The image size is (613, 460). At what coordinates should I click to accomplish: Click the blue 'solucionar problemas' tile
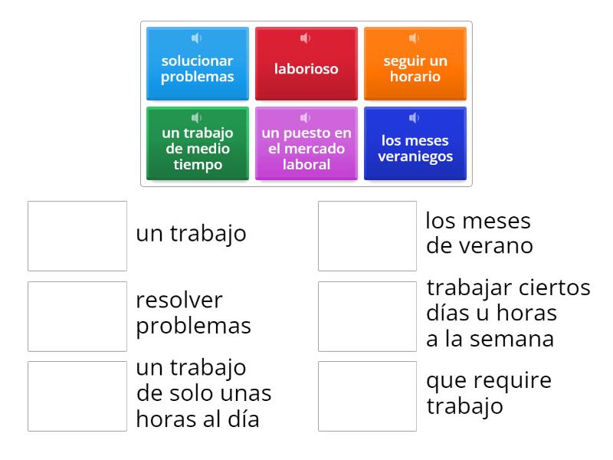198,69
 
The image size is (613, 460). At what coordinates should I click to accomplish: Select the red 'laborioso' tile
306,69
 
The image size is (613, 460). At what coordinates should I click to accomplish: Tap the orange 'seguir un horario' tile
415,69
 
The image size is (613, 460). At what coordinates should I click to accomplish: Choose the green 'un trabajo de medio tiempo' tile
198,149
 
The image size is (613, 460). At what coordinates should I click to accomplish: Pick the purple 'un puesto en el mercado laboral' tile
306,149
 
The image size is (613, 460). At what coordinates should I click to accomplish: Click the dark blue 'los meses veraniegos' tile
415,149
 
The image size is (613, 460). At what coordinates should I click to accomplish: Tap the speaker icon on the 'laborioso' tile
305,38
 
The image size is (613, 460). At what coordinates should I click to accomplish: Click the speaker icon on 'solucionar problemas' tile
196,38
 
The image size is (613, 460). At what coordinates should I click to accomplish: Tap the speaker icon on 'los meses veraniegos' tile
414,117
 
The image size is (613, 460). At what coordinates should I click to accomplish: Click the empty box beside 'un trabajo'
77,236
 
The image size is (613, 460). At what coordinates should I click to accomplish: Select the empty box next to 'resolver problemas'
77,316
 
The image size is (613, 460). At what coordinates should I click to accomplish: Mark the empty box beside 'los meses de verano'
368,236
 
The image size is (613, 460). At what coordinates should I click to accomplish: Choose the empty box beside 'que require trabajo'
368,396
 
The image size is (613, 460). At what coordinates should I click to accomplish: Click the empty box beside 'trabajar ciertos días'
368,316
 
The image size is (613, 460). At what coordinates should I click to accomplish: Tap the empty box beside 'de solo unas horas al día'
77,396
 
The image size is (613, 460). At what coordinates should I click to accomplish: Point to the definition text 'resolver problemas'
193,313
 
